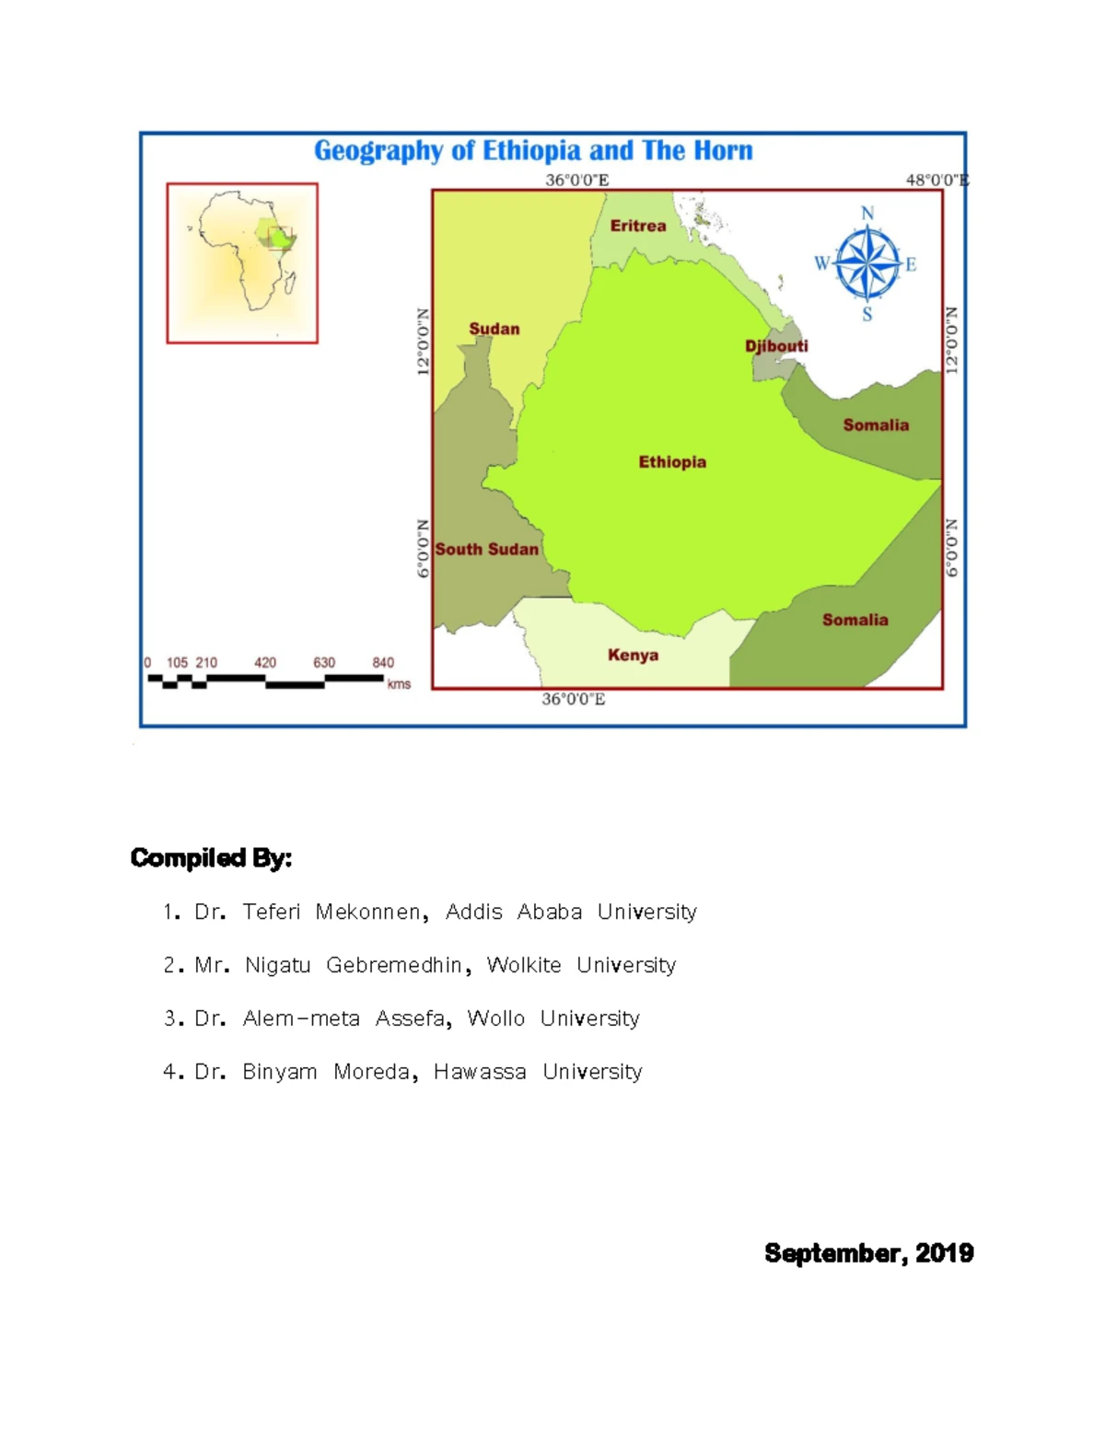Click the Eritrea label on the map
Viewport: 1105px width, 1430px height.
(x=637, y=226)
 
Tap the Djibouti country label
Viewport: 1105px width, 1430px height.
(x=776, y=346)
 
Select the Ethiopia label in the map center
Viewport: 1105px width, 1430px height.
(x=672, y=462)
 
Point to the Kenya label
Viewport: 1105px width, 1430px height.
(x=633, y=656)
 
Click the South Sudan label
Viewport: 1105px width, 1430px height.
(x=486, y=550)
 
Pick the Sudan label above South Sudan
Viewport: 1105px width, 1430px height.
(x=494, y=329)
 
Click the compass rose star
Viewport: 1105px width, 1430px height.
(x=867, y=264)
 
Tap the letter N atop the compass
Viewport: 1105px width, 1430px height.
(x=867, y=214)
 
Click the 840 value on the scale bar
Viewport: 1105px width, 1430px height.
(x=383, y=663)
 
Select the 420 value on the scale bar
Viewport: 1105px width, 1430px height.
(x=265, y=663)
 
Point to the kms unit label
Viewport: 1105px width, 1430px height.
(x=399, y=684)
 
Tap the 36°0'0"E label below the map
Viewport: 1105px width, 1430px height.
(x=573, y=700)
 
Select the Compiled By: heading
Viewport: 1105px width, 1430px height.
(x=211, y=858)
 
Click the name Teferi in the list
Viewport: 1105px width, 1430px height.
(x=272, y=913)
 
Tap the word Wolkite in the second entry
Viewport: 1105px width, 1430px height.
(x=524, y=966)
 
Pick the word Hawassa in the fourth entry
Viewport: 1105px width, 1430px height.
(x=480, y=1073)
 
